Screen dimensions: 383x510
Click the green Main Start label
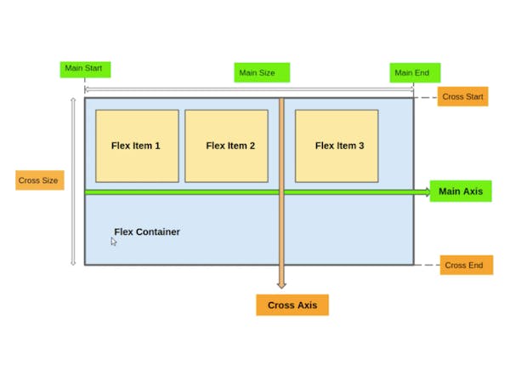point(85,69)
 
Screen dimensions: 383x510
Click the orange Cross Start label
point(462,96)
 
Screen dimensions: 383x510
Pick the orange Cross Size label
point(39,180)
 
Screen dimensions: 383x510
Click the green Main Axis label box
point(460,191)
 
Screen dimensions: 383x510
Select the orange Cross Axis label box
point(292,305)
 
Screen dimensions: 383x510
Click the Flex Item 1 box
point(137,146)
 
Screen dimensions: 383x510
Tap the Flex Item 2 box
point(226,146)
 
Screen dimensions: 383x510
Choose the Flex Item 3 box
point(337,146)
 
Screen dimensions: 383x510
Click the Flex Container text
point(147,232)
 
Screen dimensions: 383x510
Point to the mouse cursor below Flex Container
point(114,242)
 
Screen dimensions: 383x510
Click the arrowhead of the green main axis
point(427,192)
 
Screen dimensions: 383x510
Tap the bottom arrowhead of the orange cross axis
point(281,285)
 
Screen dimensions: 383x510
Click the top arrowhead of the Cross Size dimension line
point(73,100)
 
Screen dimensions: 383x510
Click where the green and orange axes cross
point(281,192)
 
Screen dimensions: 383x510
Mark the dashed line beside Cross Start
point(426,97)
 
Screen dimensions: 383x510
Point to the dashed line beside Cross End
point(427,265)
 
